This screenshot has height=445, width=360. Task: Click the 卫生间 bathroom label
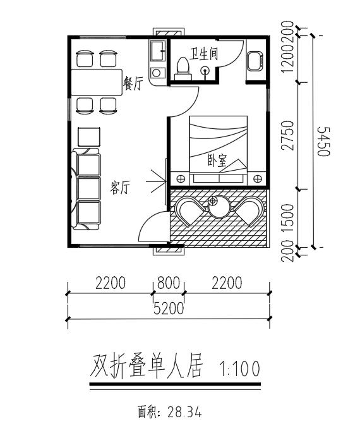[203, 54]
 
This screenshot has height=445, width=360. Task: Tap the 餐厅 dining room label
[133, 83]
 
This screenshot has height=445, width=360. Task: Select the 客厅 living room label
[120, 188]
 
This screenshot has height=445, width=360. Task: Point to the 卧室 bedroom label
[218, 161]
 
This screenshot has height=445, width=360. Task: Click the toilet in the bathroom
[183, 69]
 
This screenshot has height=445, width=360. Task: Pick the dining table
[97, 82]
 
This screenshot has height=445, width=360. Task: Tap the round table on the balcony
[219, 207]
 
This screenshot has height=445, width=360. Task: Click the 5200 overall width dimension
[169, 308]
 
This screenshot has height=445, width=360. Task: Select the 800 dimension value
[169, 283]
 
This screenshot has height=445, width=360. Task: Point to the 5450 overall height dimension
[324, 142]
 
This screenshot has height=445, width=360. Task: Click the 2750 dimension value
[287, 135]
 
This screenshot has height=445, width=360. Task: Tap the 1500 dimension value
[287, 218]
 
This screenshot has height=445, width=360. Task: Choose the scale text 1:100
[239, 369]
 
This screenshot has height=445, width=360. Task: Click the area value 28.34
[184, 412]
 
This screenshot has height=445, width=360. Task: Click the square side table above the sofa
[89, 137]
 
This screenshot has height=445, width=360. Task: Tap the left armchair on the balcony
[189, 211]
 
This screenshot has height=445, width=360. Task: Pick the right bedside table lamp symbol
[258, 179]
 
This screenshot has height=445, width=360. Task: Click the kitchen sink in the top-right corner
[255, 61]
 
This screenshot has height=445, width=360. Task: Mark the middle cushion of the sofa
[89, 188]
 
